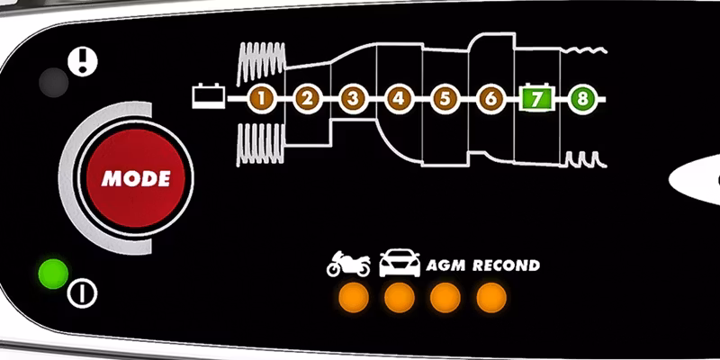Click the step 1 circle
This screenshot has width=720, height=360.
[x=261, y=98]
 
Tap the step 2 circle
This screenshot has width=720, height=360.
[x=307, y=98]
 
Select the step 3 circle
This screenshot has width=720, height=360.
[x=353, y=98]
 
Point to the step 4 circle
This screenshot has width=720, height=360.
[x=398, y=98]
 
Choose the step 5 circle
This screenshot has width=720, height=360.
[x=444, y=98]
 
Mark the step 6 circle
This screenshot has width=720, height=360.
[x=490, y=98]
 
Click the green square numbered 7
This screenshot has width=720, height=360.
[x=537, y=98]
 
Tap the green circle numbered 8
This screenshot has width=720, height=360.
[x=582, y=98]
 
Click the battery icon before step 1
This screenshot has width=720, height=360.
[x=208, y=94]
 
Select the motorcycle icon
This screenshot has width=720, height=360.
[x=348, y=264]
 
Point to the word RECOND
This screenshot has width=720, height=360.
[x=506, y=265]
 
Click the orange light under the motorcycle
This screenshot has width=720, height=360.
[x=354, y=297]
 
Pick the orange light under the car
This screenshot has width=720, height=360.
[x=400, y=297]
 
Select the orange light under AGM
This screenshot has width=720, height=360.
[x=445, y=297]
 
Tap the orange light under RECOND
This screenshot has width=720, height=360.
[x=491, y=297]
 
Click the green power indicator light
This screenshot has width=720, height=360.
[x=53, y=272]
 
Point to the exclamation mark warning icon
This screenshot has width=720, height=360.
[x=83, y=61]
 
